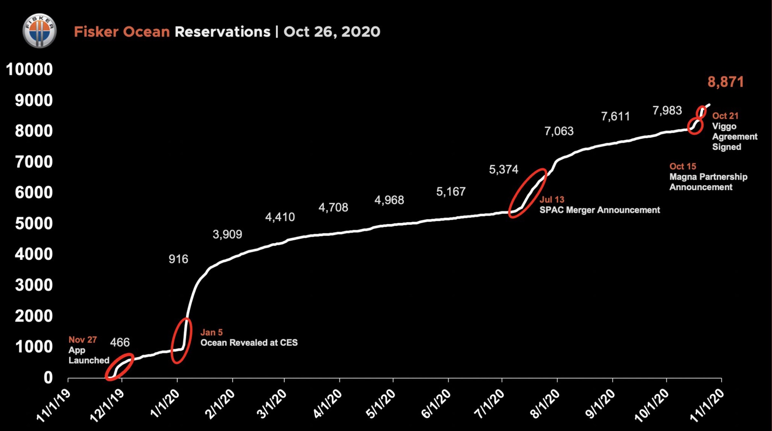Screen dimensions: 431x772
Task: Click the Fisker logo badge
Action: pos(40,31)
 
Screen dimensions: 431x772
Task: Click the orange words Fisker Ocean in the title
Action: pos(122,32)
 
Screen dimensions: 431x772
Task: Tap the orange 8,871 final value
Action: pos(725,82)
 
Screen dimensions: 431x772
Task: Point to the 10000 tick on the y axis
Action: pos(29,69)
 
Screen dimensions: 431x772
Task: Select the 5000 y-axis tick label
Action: pos(34,223)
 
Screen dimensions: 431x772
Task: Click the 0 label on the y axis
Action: pos(48,377)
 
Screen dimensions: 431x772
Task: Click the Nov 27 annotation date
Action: pos(82,340)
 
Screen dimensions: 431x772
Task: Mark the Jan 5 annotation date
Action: pos(211,332)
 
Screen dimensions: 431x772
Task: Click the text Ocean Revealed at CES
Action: pos(249,343)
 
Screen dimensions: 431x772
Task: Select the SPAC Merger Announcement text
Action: pos(600,210)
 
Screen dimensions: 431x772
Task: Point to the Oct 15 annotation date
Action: pos(683,166)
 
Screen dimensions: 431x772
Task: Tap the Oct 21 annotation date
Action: pos(725,116)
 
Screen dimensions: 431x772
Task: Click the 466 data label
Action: pos(120,342)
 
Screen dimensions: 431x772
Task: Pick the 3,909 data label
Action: pos(227,234)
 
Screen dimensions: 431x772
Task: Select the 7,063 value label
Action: pos(559,131)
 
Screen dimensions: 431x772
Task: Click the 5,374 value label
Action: pos(503,170)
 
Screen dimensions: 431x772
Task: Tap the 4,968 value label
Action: pos(389,200)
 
